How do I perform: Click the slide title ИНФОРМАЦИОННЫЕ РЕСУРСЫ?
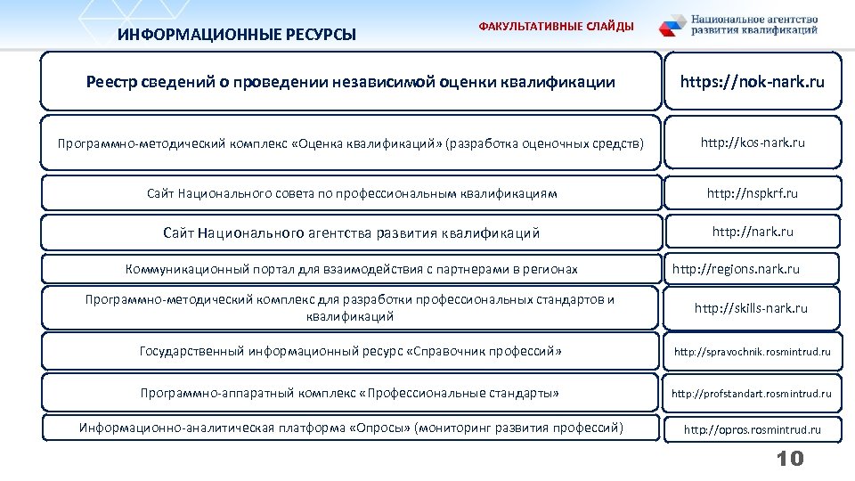click(237, 36)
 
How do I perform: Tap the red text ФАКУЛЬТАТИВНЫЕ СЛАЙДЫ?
click(557, 27)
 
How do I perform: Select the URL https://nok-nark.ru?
click(752, 82)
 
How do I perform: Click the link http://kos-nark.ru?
click(752, 143)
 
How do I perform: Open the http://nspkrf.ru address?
click(752, 193)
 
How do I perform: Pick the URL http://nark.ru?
click(752, 232)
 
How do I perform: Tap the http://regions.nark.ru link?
click(736, 269)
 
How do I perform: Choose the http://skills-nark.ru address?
click(751, 308)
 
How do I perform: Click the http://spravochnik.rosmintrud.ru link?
click(752, 352)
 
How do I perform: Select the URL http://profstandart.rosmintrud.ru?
click(751, 393)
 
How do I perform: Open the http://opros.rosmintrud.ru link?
click(752, 429)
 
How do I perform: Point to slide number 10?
click(789, 459)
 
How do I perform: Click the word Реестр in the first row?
click(114, 82)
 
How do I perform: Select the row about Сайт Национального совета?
click(351, 193)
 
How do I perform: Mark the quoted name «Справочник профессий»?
click(484, 351)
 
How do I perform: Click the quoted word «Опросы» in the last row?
click(380, 428)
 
